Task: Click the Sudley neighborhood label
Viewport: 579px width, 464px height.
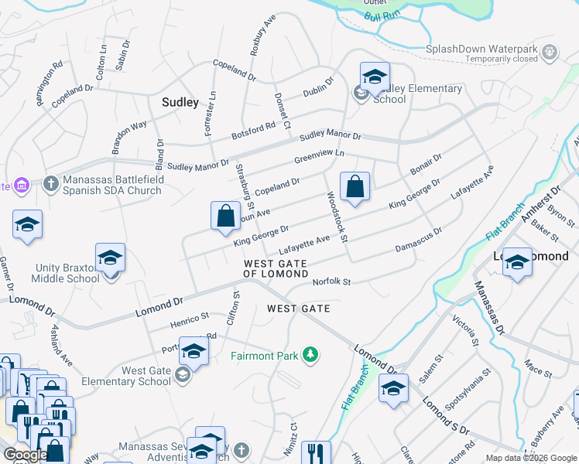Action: (180, 101)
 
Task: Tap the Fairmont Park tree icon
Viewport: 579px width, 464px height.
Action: (310, 354)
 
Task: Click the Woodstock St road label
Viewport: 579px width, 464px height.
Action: (338, 216)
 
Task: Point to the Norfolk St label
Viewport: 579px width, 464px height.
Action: (331, 282)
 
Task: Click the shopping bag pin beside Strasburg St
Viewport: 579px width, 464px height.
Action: (225, 216)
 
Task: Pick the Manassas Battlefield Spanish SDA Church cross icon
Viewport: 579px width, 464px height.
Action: (51, 184)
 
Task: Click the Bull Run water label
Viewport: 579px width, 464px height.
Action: (382, 15)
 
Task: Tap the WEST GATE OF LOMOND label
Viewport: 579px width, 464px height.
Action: (275, 268)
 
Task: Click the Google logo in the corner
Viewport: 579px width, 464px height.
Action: (26, 455)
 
